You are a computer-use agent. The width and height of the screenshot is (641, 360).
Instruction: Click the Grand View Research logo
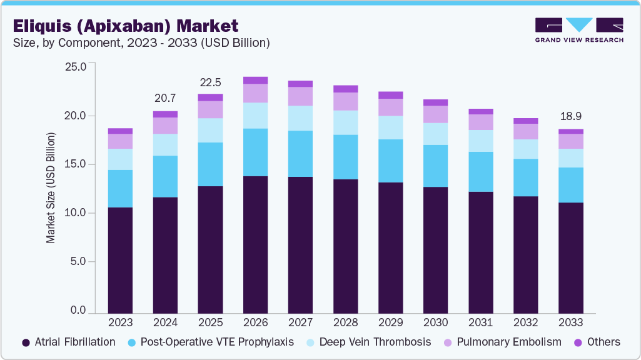579,29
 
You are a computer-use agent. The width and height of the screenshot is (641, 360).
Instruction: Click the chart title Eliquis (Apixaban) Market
126,26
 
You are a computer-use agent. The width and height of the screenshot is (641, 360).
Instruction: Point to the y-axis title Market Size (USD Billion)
51,187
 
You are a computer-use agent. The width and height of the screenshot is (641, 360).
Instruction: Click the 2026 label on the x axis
255,322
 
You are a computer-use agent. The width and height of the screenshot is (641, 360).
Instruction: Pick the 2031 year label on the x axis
480,322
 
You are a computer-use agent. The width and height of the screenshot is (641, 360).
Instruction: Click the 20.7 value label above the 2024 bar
165,98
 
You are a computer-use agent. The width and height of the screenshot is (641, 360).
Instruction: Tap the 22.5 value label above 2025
210,82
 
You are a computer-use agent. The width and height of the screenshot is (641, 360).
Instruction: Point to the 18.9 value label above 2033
570,116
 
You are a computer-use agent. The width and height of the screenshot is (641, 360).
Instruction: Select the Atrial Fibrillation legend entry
69,342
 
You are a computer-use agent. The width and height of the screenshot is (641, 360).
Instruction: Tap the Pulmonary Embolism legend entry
502,342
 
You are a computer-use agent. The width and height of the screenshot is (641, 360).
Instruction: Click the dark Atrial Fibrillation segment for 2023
120,260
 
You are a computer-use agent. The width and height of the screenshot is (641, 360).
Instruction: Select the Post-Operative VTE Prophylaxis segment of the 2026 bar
255,152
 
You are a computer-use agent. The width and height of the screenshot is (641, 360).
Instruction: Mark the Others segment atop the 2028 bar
345,89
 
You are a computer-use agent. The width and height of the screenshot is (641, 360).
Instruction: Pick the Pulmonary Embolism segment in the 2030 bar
435,114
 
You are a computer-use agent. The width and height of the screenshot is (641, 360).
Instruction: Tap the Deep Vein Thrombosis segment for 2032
525,149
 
